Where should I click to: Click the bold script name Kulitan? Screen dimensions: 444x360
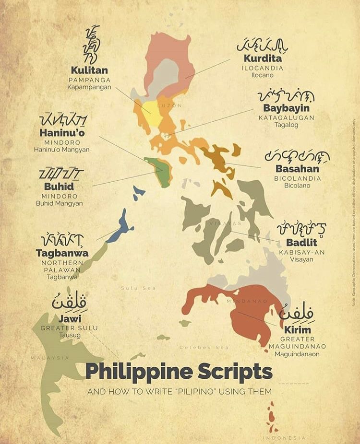pyautogui.click(x=89, y=70)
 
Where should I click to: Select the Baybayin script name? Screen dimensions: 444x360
pyautogui.click(x=286, y=108)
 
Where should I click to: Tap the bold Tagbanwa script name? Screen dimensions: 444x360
pyautogui.click(x=62, y=253)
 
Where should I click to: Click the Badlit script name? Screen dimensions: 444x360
pyautogui.click(x=301, y=242)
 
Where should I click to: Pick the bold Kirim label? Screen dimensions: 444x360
pyautogui.click(x=298, y=330)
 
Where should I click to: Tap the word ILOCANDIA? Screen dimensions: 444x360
pyautogui.click(x=262, y=68)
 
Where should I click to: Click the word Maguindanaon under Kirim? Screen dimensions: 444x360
pyautogui.click(x=297, y=354)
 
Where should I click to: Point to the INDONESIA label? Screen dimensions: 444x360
pyautogui.click(x=284, y=438)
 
